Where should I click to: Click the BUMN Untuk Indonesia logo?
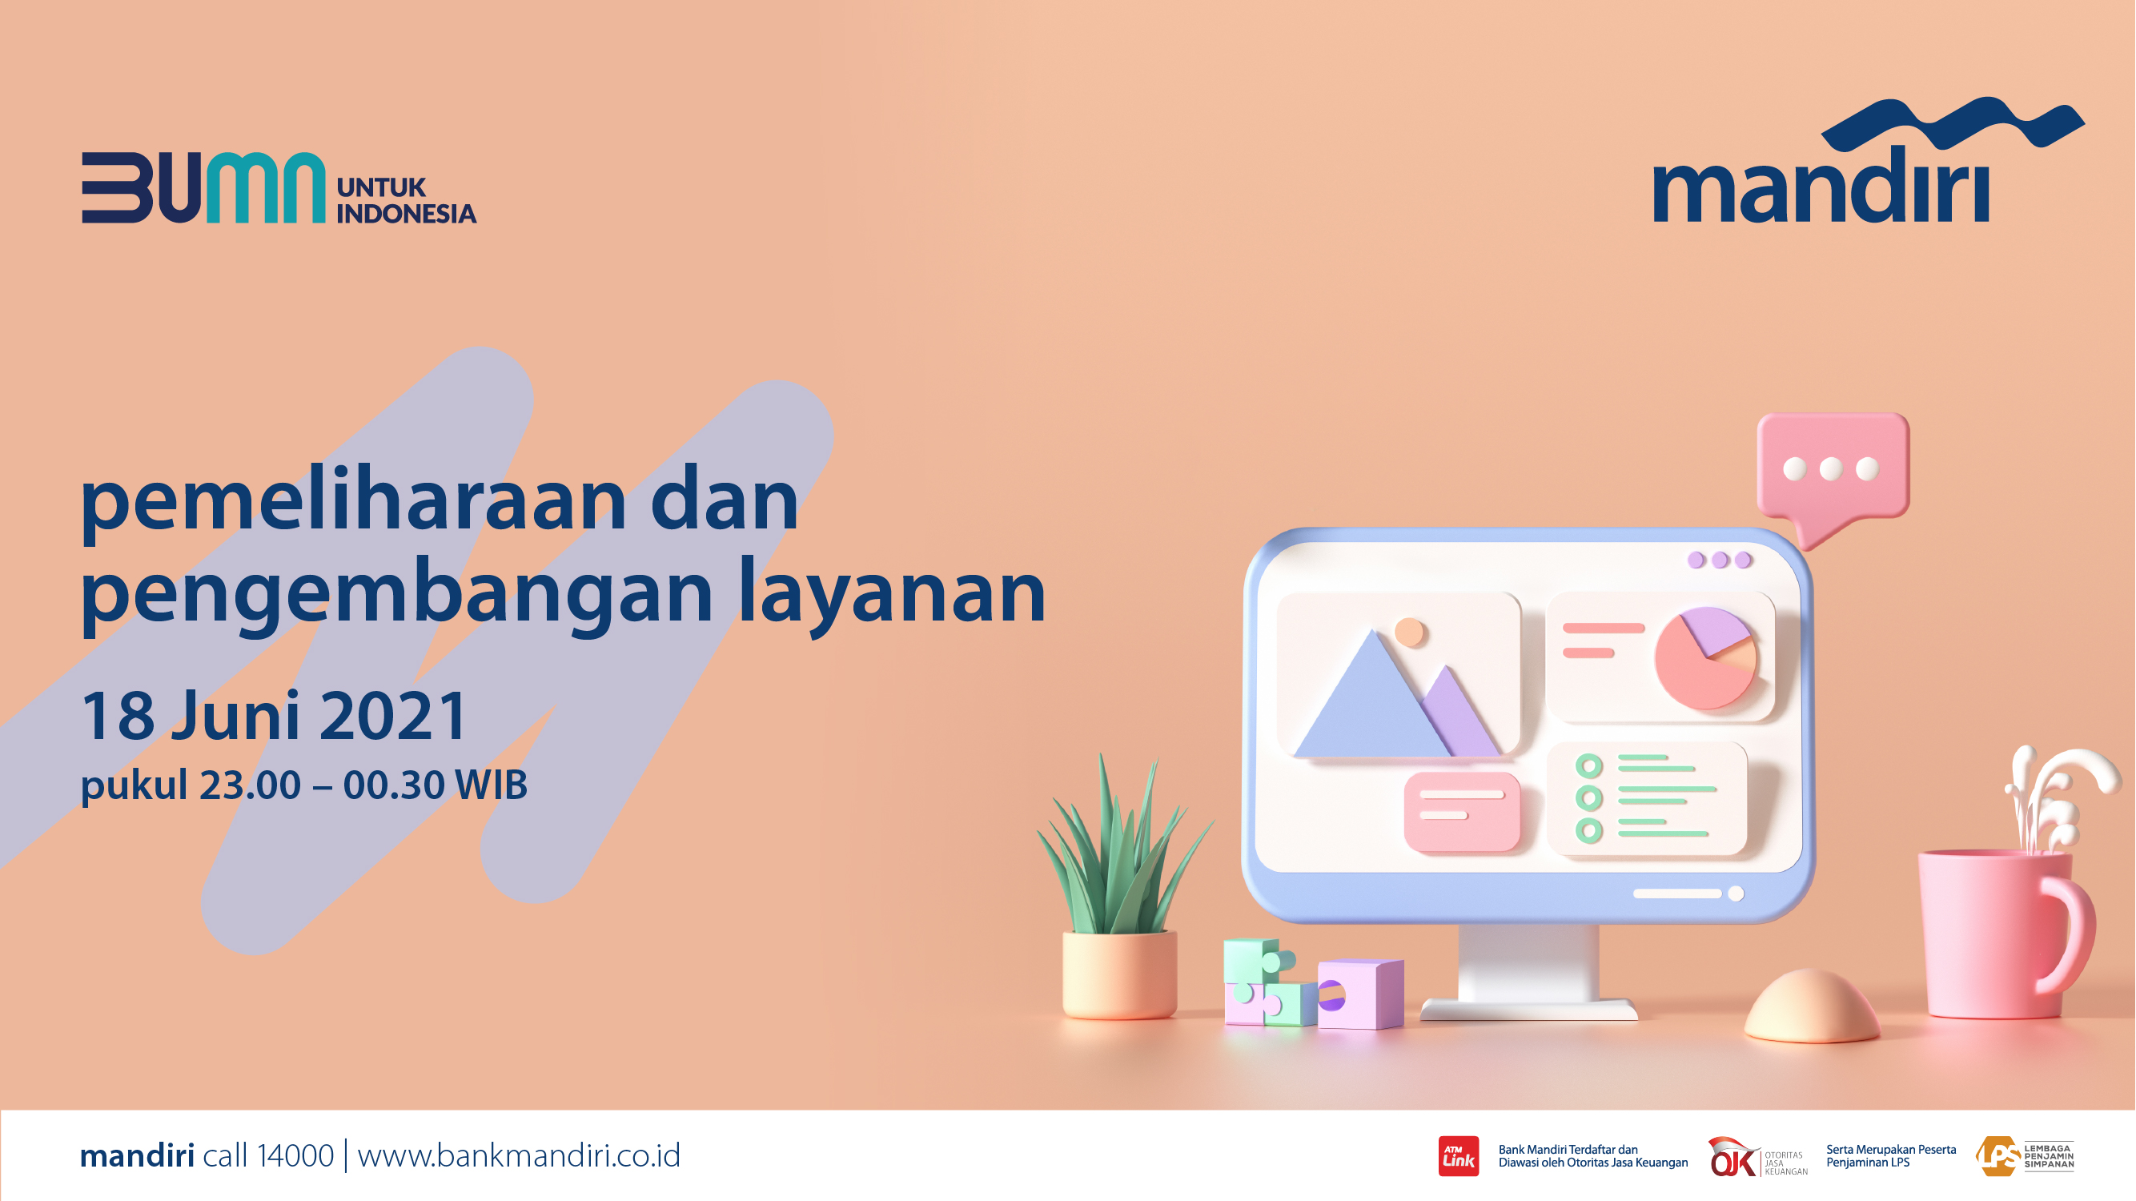(x=279, y=187)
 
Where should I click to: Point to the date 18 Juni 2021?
(x=275, y=715)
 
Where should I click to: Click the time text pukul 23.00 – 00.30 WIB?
(x=303, y=785)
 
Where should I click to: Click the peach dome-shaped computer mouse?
(x=1812, y=1006)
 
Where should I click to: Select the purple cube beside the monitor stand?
(x=1361, y=994)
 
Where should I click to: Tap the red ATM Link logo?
(x=1459, y=1156)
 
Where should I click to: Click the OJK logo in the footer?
(x=1757, y=1157)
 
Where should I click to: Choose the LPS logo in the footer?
(x=2024, y=1156)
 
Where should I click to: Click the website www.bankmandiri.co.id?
(x=519, y=1155)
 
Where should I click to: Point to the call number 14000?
(x=295, y=1155)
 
